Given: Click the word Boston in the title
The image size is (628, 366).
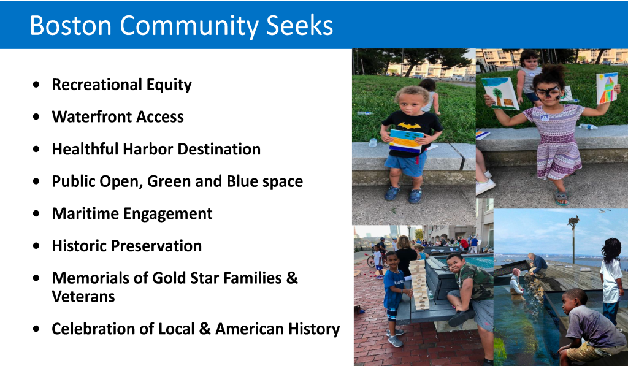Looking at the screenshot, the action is coord(71,26).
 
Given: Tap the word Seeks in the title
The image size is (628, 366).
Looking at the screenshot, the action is coord(299,26).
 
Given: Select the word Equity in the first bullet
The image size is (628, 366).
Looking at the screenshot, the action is coord(169,85).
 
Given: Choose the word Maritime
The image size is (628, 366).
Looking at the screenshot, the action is coord(85,213).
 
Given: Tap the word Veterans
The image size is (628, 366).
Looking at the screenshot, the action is coord(83,297).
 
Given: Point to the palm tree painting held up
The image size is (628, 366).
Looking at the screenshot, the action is coord(500,93).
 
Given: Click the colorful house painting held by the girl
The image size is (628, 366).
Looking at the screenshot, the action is coord(607,88).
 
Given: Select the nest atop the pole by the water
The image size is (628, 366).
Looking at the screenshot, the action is coord(573,220).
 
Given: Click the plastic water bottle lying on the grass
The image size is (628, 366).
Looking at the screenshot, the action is coord(364,113).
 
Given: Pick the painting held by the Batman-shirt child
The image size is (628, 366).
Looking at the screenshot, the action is coord(407,140).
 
